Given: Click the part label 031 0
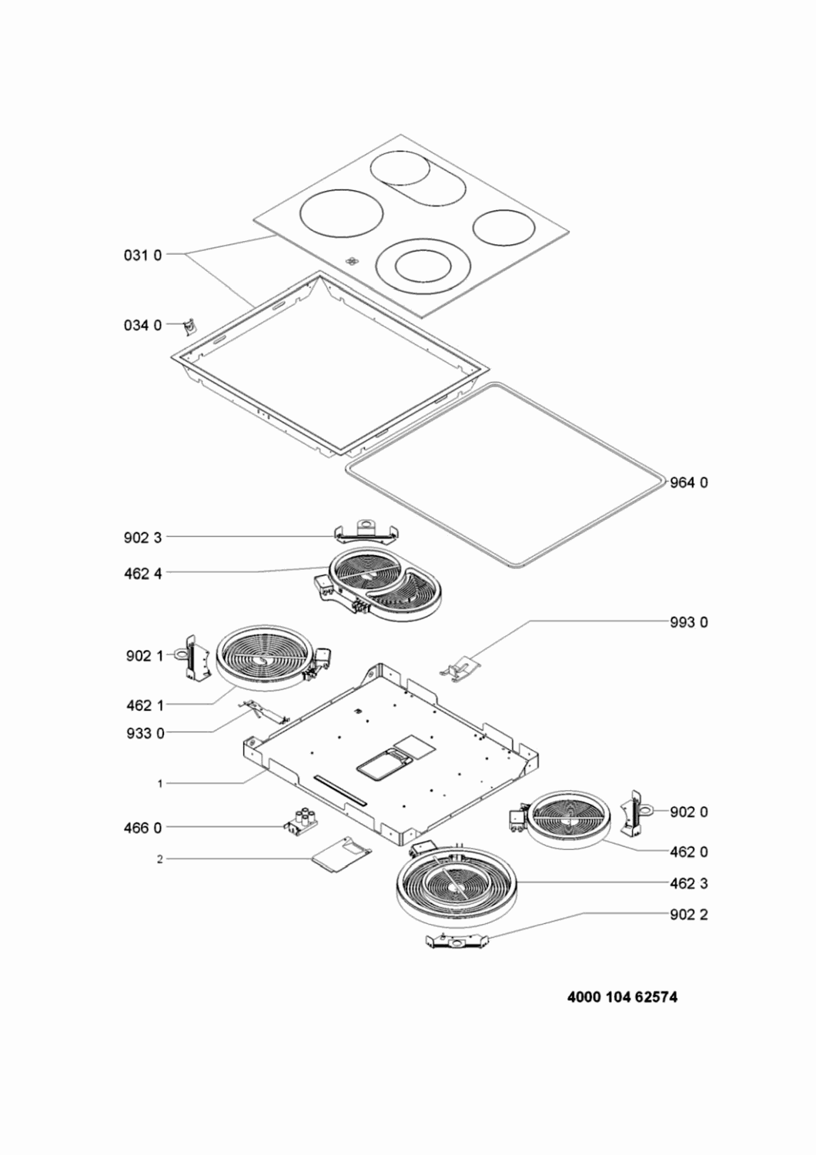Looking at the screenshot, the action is coord(142,255).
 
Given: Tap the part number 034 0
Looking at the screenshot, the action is coord(142,326).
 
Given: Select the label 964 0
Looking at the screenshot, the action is coord(689,483).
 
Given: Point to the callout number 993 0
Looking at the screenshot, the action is coord(689,622).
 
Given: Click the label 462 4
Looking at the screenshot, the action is coord(142,574).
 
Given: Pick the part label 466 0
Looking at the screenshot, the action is coord(142,828).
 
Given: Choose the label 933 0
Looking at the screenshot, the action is coord(145,733).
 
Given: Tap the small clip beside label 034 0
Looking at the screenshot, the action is coord(190,327).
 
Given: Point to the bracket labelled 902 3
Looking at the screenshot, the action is coord(367,532).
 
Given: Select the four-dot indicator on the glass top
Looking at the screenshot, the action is coord(352,261).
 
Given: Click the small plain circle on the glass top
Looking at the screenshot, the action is coord(503,227).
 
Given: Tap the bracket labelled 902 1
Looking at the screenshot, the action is coord(194,658).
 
